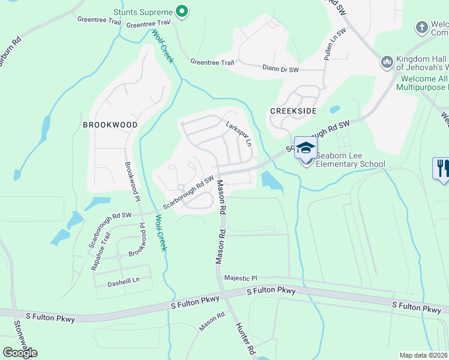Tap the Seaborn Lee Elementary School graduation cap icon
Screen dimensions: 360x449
point(306,148)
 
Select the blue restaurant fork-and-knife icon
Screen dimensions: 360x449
point(441,167)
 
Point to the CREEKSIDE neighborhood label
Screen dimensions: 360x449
point(292,111)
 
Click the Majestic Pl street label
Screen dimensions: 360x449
point(240,278)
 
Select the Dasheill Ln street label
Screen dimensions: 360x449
point(123,281)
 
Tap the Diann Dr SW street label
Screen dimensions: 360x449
point(280,69)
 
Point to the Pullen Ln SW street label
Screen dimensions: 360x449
point(335,45)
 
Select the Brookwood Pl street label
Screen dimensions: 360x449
point(131,181)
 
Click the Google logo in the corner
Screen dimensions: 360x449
point(20,353)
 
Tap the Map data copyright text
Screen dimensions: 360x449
point(423,355)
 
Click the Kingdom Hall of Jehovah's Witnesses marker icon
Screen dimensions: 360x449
point(387,62)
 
